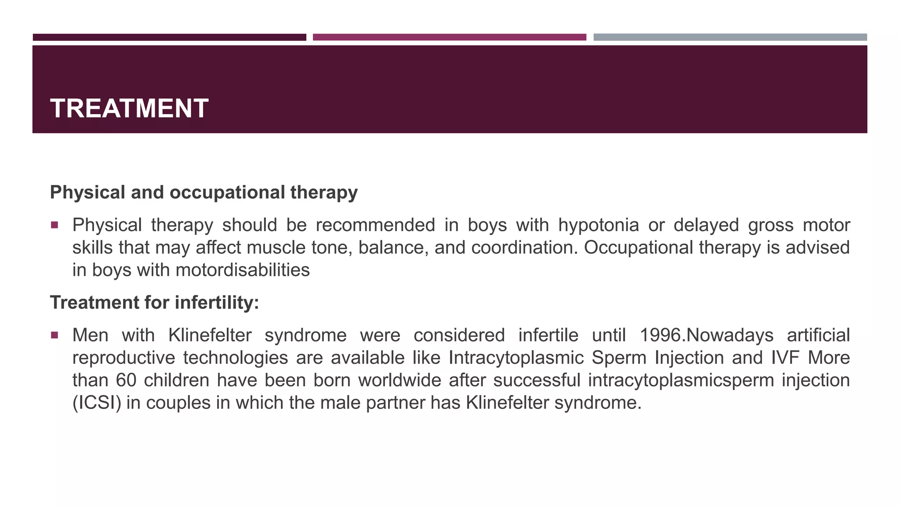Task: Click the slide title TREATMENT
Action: point(129,108)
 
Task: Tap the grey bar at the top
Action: point(730,37)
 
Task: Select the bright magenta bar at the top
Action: point(449,37)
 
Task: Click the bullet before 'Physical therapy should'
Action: point(54,225)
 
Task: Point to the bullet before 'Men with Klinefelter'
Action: point(54,336)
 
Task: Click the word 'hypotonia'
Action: point(599,225)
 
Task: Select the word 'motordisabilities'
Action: point(243,270)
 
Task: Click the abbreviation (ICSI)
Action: point(97,403)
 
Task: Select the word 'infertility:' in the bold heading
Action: point(217,303)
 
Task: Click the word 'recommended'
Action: point(375,225)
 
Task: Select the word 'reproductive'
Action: point(124,358)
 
